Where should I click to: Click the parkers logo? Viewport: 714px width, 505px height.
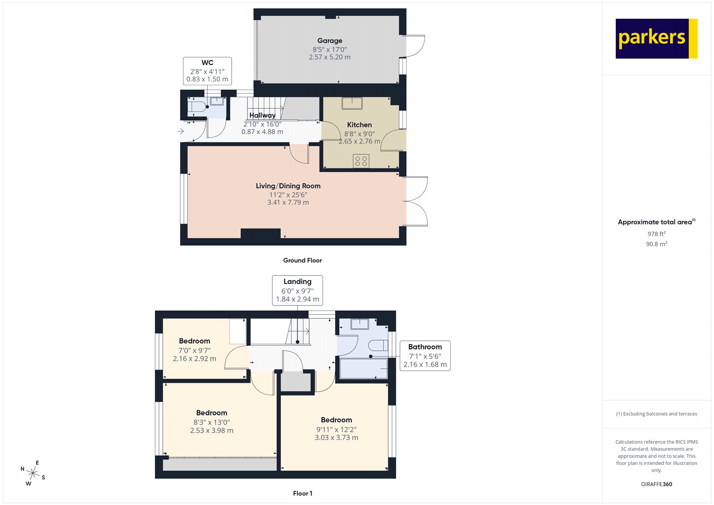click(x=656, y=38)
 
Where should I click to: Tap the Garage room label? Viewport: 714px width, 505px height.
click(x=330, y=41)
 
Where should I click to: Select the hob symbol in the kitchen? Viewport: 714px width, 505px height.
click(x=361, y=161)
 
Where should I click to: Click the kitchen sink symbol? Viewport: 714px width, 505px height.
click(x=353, y=103)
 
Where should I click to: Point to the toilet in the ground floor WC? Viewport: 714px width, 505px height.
click(x=197, y=107)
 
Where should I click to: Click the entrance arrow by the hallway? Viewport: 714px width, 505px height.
click(x=181, y=131)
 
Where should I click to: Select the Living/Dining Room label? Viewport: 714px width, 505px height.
click(x=288, y=186)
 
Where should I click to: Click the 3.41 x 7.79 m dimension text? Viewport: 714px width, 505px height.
click(x=288, y=202)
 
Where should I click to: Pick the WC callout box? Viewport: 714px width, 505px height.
click(x=207, y=71)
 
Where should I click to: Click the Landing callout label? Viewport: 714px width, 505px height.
click(x=297, y=282)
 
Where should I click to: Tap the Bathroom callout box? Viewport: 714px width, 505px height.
click(x=425, y=355)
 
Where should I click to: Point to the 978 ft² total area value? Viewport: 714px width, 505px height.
click(x=656, y=234)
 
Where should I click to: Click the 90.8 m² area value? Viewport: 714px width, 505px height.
click(x=656, y=244)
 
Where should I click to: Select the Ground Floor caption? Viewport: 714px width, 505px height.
click(x=302, y=260)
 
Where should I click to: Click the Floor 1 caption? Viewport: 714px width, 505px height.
click(x=303, y=493)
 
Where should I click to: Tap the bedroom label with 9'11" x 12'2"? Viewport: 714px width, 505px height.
click(x=336, y=420)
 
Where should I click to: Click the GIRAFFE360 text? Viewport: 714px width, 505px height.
click(x=656, y=484)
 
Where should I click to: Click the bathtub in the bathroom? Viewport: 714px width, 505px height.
click(x=363, y=368)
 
